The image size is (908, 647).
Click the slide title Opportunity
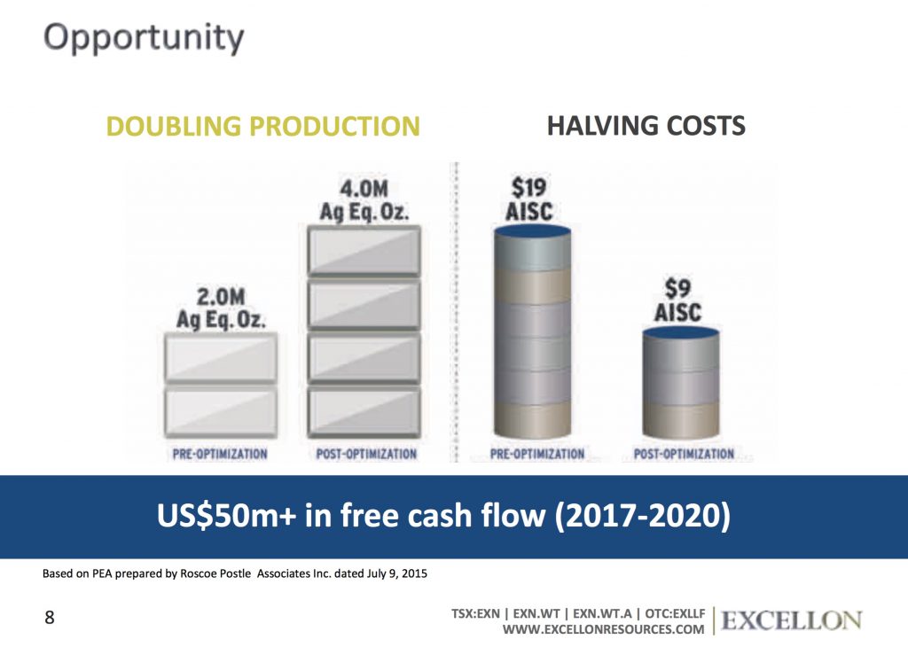coord(143,37)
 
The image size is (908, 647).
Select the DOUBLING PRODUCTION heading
coord(262,126)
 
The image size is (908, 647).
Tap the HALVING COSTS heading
coord(646,126)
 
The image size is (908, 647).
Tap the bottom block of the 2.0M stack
coord(221,412)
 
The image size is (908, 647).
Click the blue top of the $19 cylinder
coord(532,231)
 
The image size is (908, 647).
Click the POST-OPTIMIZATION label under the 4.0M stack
coord(366,454)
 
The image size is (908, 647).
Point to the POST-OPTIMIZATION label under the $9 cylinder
coord(684,454)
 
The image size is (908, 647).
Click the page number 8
coord(49,618)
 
